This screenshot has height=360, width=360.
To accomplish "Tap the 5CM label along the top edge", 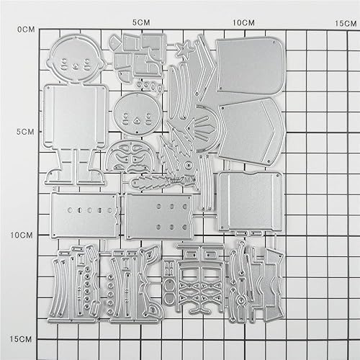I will [142, 22].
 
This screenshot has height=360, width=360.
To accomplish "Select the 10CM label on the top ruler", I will [243, 22].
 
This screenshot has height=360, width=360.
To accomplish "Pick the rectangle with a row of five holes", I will [84, 213].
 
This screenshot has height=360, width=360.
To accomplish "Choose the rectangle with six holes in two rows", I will [158, 215].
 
